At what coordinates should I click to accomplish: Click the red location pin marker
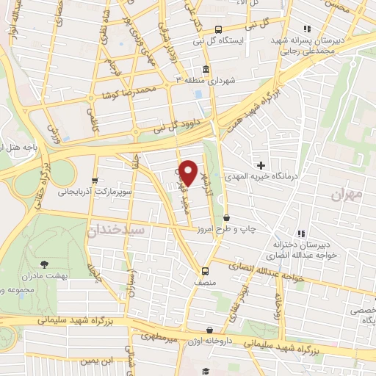click(x=189, y=173)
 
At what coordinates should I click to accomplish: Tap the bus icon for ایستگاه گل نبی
click(x=218, y=29)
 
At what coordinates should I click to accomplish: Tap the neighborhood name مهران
click(x=347, y=195)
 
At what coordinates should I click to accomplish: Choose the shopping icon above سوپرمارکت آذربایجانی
click(x=94, y=181)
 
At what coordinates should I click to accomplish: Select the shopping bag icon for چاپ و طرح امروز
click(x=226, y=217)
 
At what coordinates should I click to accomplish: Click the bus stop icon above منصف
click(x=205, y=270)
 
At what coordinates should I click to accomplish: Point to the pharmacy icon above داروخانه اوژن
click(x=210, y=330)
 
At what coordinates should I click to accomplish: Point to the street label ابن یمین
click(x=99, y=361)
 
